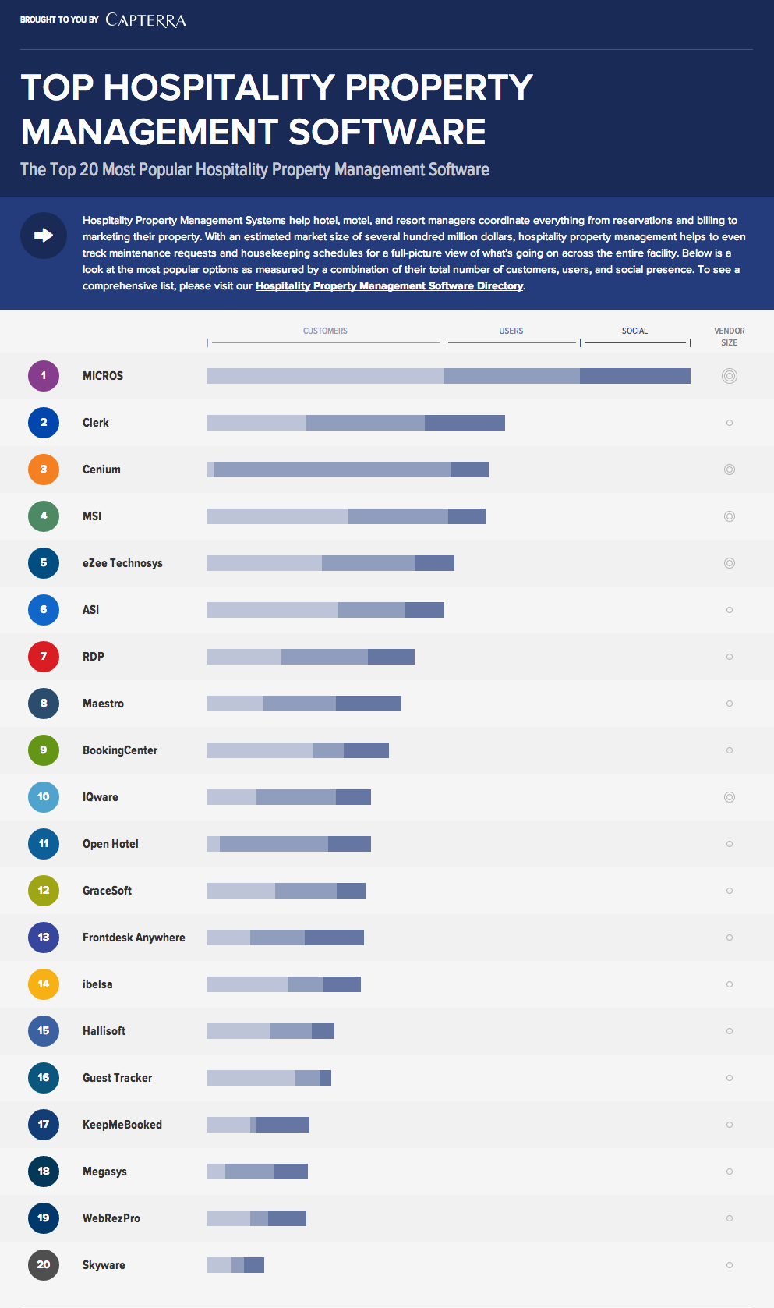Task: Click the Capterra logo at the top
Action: [x=146, y=20]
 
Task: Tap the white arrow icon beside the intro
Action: [x=44, y=235]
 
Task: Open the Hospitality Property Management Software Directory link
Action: [x=389, y=286]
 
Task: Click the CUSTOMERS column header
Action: [x=325, y=331]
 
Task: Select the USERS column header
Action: [x=511, y=331]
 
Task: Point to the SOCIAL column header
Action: [x=634, y=331]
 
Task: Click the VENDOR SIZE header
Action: [x=729, y=336]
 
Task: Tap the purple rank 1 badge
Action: [x=44, y=376]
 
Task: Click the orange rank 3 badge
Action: [x=44, y=470]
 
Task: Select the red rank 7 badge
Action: [x=44, y=657]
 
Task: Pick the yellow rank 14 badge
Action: [x=44, y=984]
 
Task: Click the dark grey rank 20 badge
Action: [x=44, y=1265]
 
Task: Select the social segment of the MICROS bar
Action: [x=634, y=376]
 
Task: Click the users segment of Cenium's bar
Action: [x=331, y=470]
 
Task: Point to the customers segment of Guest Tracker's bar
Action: [x=251, y=1078]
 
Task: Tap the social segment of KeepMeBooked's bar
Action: [x=283, y=1125]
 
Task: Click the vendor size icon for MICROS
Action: [x=730, y=376]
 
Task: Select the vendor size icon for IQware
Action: [x=730, y=797]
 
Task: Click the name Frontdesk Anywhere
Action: [x=134, y=938]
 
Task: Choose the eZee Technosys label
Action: [x=122, y=563]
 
